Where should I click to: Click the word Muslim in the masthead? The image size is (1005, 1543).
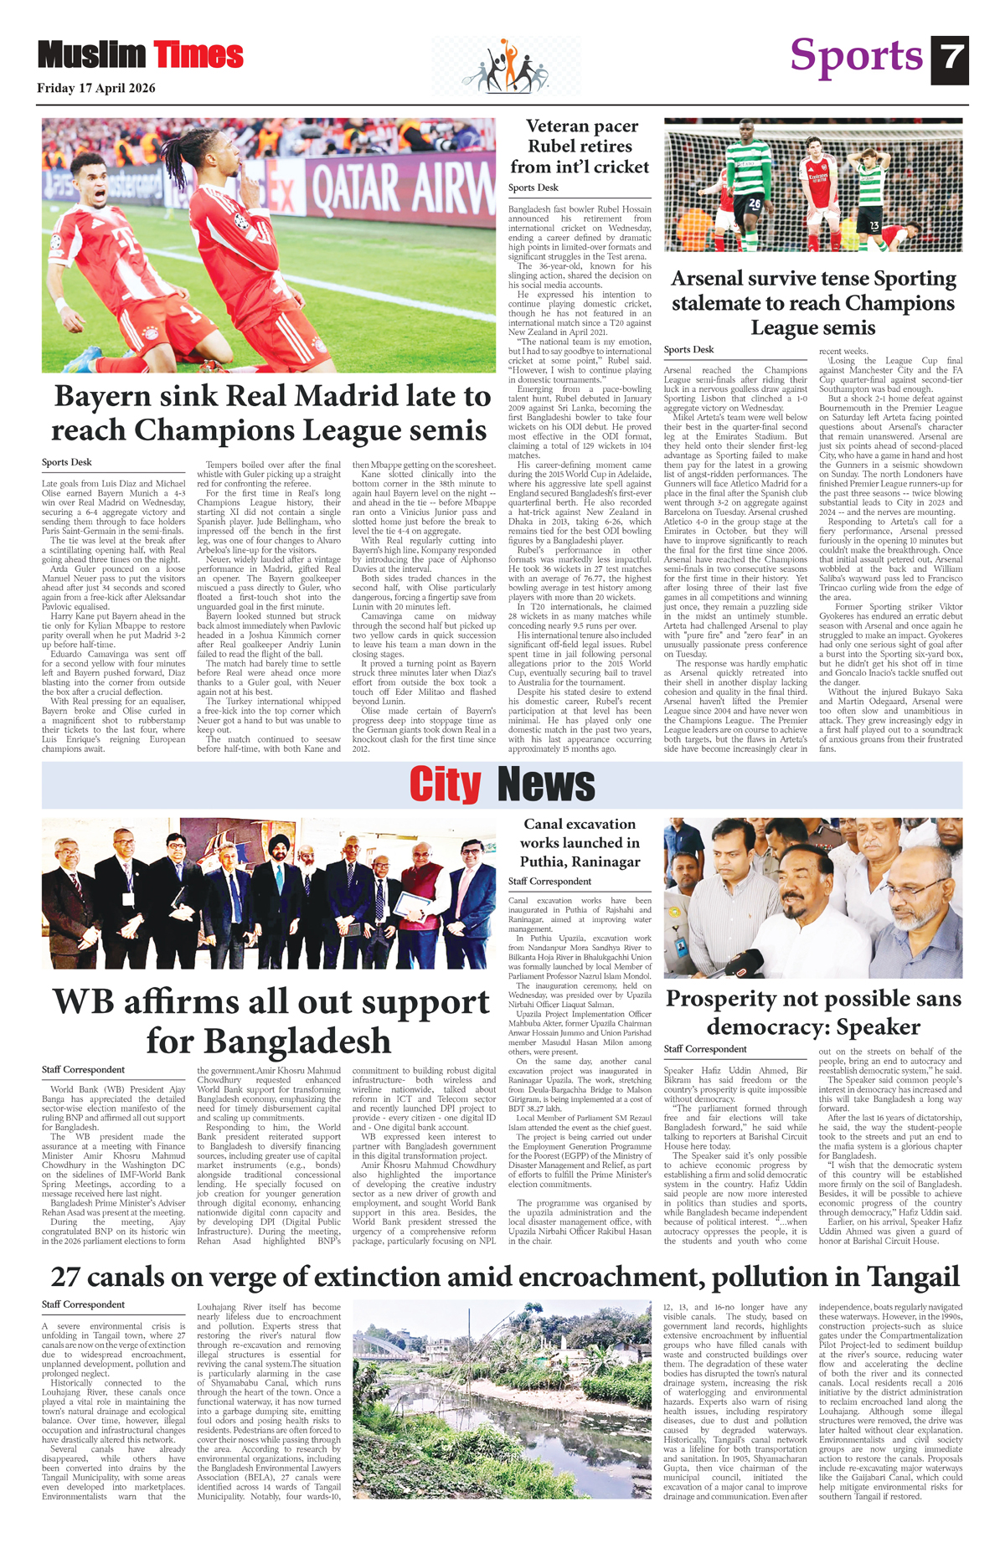pos(91,55)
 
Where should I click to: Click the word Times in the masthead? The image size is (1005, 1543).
pos(198,55)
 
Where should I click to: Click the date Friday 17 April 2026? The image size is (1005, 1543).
pos(95,88)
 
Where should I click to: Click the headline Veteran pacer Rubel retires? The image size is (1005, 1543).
pos(580,147)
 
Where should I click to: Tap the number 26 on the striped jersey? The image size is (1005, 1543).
pos(754,203)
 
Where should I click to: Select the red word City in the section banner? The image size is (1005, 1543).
pos(445,785)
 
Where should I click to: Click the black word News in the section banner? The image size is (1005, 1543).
pos(545,785)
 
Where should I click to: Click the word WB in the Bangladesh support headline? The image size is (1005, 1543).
pos(85,1003)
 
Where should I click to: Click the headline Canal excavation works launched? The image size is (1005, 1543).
pos(580,842)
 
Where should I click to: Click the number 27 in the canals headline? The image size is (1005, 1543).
pos(68,1278)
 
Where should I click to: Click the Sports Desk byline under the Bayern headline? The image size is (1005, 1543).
pos(67,462)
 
